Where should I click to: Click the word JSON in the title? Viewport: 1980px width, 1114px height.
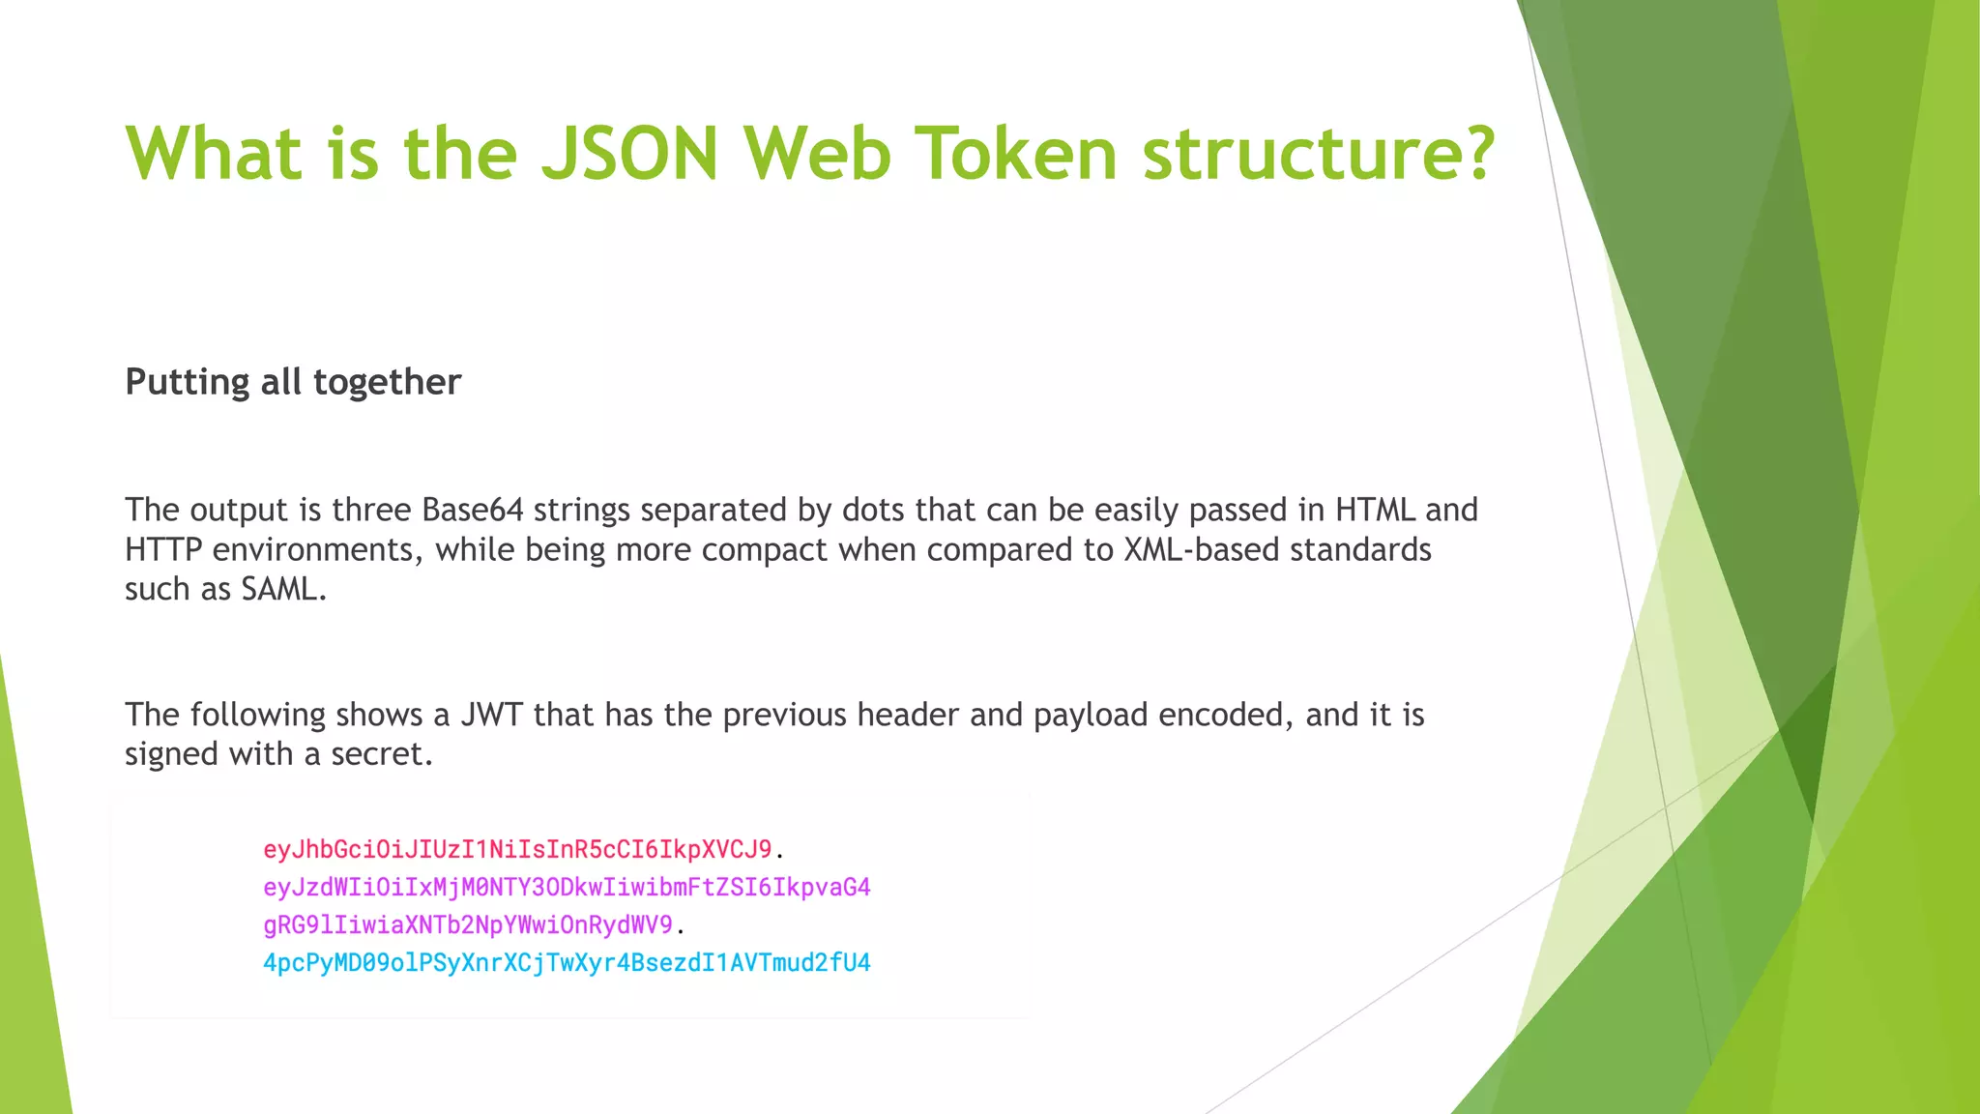pyautogui.click(x=628, y=153)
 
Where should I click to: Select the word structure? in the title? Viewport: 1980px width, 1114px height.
pyautogui.click(x=1319, y=153)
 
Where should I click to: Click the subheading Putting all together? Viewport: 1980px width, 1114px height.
pyautogui.click(x=293, y=382)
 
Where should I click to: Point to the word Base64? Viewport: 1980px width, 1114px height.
pyautogui.click(x=473, y=510)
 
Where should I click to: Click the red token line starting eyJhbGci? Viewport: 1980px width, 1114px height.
pyautogui.click(x=517, y=849)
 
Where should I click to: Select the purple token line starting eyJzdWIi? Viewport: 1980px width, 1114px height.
pyautogui.click(x=567, y=887)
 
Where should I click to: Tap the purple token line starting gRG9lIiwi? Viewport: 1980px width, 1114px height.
pyautogui.click(x=468, y=924)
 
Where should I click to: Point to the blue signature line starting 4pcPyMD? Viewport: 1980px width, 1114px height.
pyautogui.click(x=567, y=962)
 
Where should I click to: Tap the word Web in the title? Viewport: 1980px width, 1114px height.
pyautogui.click(x=817, y=153)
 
